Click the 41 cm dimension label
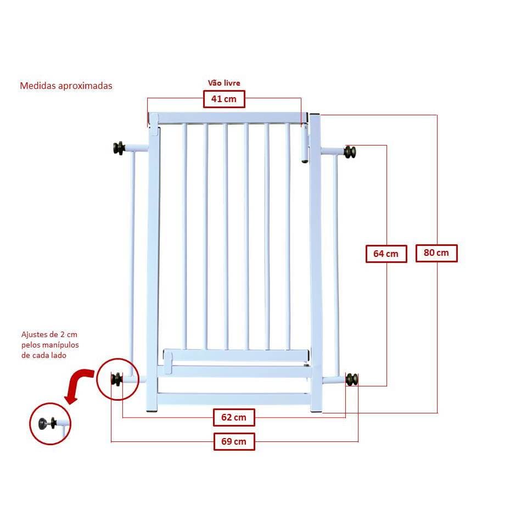coord(224,99)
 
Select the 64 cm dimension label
coord(386,254)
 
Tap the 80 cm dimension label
coord(436,253)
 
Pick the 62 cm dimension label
coord(234,418)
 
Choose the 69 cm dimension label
coord(234,441)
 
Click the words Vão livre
coord(224,83)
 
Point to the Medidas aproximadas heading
coord(66,86)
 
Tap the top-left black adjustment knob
coord(119,148)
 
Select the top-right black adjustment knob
coord(350,152)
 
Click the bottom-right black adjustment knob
coord(351,379)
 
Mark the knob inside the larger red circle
coord(117,379)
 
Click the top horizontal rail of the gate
coord(231,117)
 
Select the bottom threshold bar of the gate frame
coord(234,399)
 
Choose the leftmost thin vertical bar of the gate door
coord(185,236)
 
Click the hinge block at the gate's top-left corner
coord(154,120)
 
